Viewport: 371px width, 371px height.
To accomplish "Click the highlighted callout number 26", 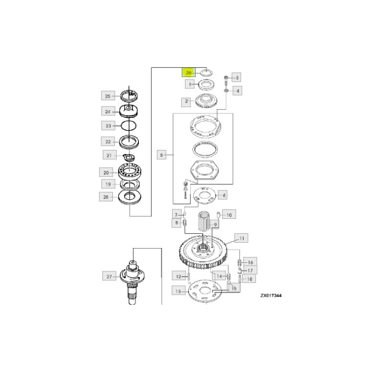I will tap(189, 72).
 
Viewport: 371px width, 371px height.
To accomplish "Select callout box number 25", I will tap(108, 96).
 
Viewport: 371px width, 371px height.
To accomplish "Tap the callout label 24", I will tap(108, 111).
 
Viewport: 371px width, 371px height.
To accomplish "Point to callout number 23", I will tap(108, 126).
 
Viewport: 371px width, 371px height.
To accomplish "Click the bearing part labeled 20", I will tap(128, 173).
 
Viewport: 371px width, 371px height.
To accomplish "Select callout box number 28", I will tap(108, 196).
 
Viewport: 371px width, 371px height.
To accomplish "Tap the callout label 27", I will tap(109, 276).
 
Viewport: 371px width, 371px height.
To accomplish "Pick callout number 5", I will tap(162, 155).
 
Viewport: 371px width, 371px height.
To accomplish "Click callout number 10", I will tap(229, 215).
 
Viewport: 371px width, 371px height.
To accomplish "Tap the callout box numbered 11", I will tap(241, 238).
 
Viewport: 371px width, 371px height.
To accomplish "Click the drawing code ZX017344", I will tap(270, 296).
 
